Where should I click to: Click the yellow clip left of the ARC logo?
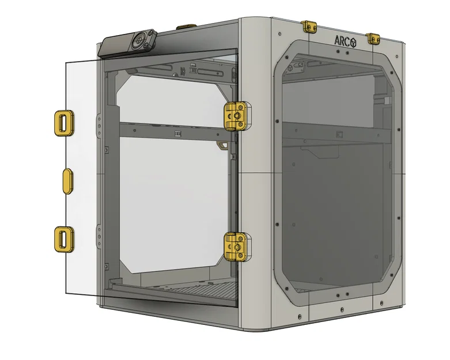pos(310,26)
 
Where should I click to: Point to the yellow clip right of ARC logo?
pos(374,39)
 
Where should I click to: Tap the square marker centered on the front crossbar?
pos(178,134)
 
